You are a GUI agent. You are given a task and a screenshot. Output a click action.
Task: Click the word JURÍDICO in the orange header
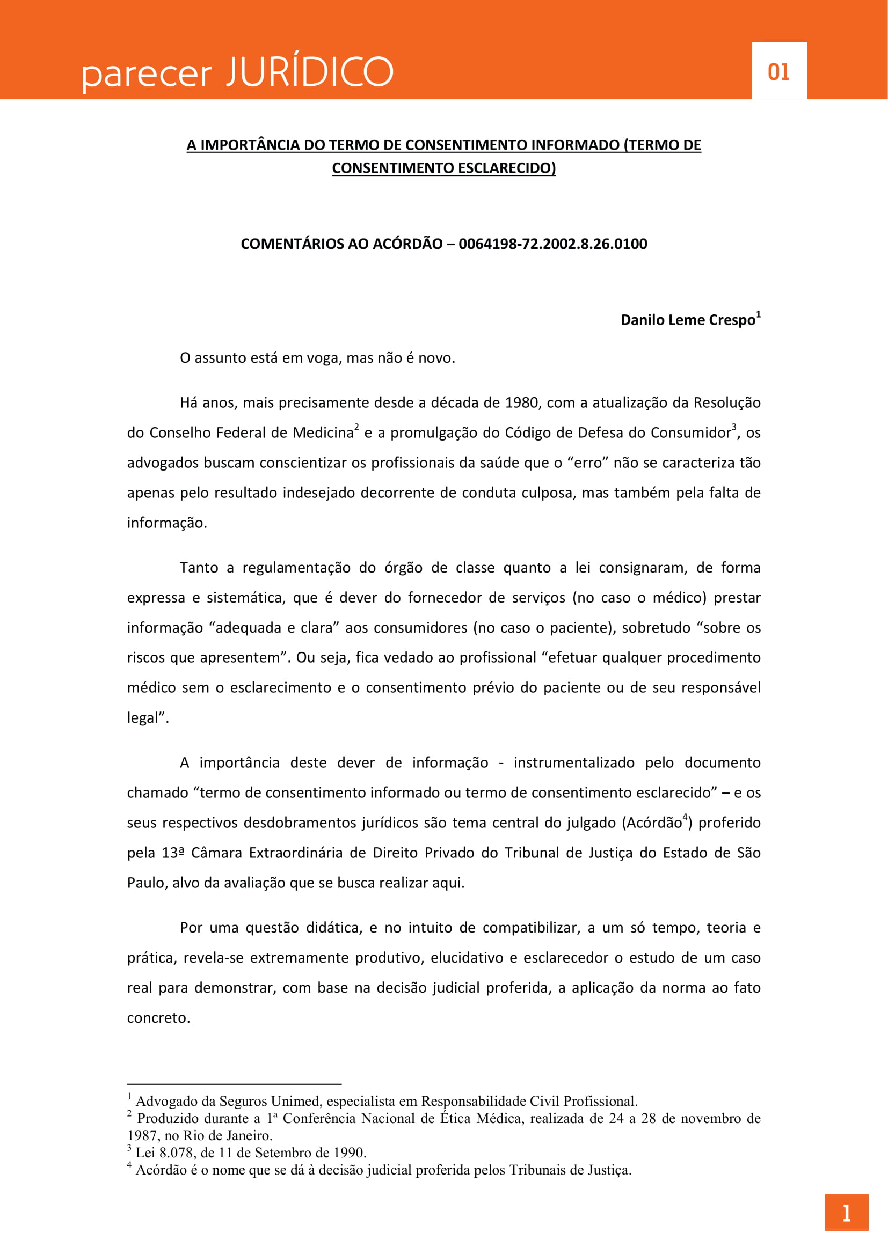coord(310,71)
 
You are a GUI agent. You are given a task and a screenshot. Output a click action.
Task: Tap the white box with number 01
coord(778,71)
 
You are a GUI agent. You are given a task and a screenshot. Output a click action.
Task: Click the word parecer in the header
coord(147,76)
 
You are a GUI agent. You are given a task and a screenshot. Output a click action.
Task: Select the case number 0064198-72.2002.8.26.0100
coord(552,244)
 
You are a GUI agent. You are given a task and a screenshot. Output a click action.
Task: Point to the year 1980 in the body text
coord(521,403)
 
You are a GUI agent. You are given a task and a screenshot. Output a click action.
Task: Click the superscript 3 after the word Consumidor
coord(734,427)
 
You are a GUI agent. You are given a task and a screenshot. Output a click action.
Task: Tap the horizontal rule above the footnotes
coord(234,1084)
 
